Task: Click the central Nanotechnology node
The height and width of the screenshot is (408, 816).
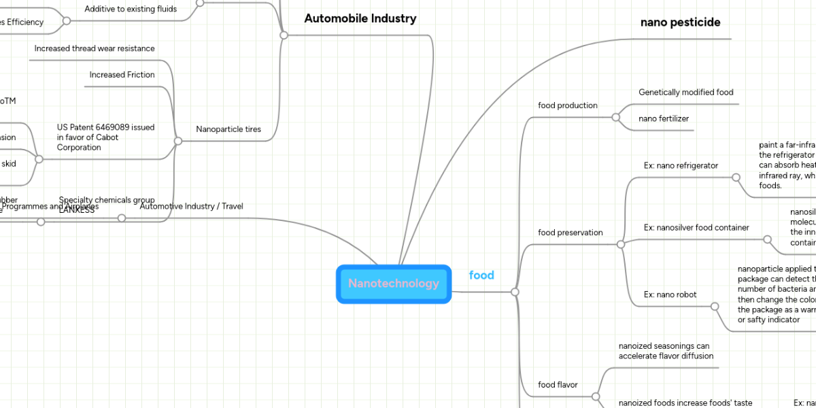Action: click(394, 284)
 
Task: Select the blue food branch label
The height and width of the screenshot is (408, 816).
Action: click(481, 275)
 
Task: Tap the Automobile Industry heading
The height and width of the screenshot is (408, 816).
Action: click(360, 19)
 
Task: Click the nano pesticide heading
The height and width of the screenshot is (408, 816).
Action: click(680, 22)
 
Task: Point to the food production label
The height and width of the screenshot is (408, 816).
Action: click(568, 105)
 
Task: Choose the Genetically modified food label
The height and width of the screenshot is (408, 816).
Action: click(685, 92)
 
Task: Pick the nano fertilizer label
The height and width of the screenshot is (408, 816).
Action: click(663, 119)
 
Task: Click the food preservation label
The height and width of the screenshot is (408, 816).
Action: click(570, 233)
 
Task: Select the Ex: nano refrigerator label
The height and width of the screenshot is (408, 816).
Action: click(681, 165)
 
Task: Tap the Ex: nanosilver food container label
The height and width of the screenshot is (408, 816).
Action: click(696, 228)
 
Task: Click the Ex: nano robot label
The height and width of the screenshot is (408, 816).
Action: click(670, 294)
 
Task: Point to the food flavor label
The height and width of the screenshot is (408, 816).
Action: click(558, 385)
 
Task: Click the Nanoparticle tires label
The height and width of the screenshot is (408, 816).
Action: click(228, 129)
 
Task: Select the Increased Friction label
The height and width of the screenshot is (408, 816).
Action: click(122, 75)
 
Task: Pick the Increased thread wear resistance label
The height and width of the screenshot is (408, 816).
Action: click(95, 49)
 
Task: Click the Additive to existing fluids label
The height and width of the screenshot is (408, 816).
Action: click(131, 10)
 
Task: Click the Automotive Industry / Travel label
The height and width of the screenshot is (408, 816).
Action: click(191, 206)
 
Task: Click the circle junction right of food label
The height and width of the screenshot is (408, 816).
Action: click(515, 292)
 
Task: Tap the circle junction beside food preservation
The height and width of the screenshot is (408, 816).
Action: click(620, 244)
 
